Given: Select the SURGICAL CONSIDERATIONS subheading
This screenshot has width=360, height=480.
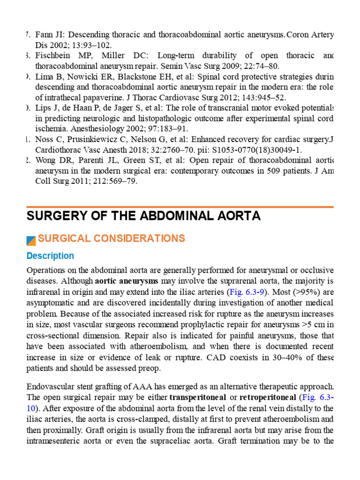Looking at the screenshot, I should (x=111, y=239).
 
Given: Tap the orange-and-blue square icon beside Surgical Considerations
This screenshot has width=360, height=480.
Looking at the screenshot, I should (x=31, y=240).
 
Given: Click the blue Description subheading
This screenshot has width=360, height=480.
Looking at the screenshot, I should (x=50, y=256).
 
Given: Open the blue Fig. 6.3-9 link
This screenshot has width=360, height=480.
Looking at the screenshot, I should (x=242, y=292).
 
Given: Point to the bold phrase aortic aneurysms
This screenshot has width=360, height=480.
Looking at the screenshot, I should (x=127, y=281).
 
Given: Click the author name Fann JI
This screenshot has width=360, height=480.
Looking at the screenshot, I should (x=46, y=35).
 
